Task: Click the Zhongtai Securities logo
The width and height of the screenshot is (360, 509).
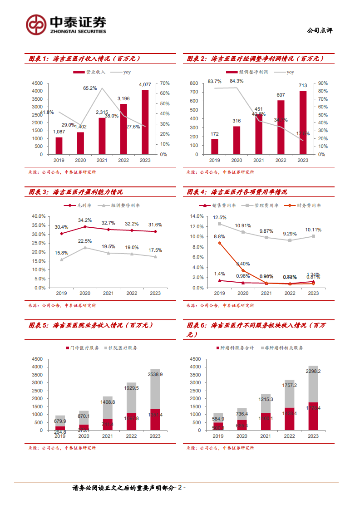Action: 66,24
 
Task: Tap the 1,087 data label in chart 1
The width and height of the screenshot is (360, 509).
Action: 59,132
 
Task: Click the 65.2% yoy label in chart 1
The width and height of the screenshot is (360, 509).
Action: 90,88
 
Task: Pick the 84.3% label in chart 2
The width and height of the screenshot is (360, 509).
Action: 237,81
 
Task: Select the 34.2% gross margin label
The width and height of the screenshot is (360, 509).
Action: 85,220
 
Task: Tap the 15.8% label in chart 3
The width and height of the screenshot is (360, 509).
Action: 61,253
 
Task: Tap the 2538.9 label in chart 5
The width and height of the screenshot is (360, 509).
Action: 155,374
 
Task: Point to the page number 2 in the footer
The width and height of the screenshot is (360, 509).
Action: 180,488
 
